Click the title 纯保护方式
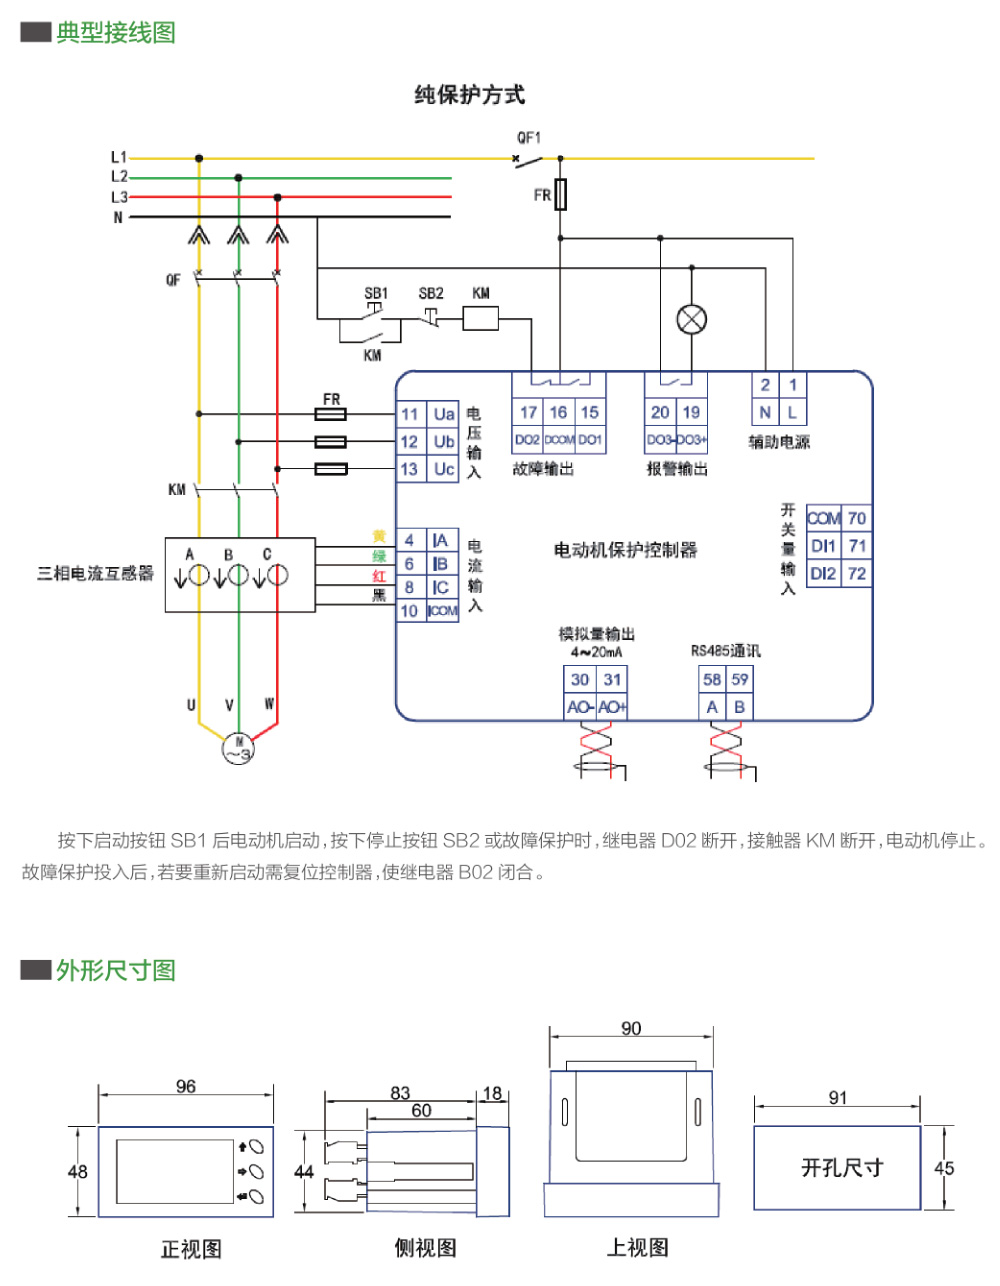(x=469, y=95)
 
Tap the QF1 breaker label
(x=528, y=138)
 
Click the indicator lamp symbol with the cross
(x=692, y=320)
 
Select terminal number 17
(x=528, y=412)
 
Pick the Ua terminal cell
(x=444, y=414)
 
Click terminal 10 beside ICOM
(x=410, y=611)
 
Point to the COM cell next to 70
(x=823, y=518)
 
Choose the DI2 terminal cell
(x=823, y=573)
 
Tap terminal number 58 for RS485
(x=712, y=679)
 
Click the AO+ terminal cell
(x=612, y=707)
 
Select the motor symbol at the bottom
(x=239, y=748)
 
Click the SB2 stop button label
(x=431, y=294)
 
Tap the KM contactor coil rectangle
(x=480, y=319)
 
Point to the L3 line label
(x=119, y=197)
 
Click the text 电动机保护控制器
(x=625, y=550)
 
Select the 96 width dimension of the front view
(x=186, y=1087)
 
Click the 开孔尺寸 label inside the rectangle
(x=842, y=1168)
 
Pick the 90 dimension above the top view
(x=631, y=1029)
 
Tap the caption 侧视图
(x=425, y=1248)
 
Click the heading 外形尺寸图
(x=116, y=970)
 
